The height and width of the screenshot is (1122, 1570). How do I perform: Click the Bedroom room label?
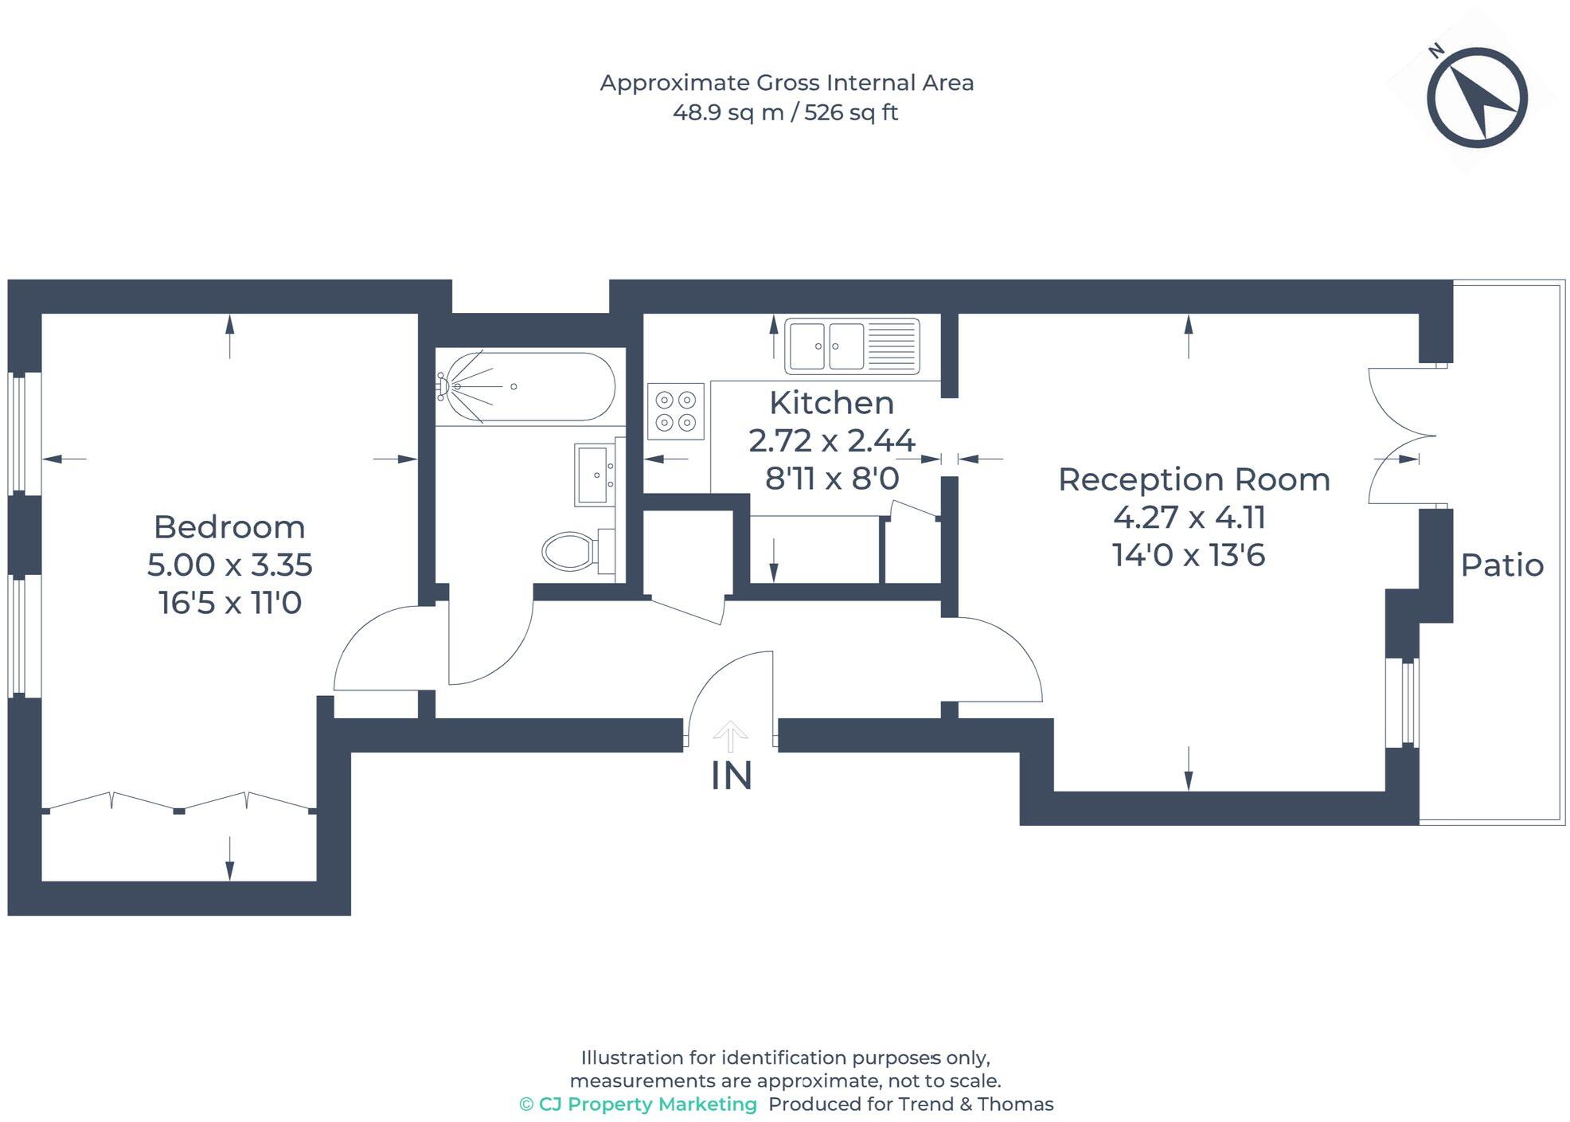229,527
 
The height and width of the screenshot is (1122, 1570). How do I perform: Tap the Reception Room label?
1193,479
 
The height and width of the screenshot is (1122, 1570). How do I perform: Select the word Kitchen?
831,403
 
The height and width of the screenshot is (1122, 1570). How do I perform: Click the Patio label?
1502,565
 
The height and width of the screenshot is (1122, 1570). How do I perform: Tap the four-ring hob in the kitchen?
676,411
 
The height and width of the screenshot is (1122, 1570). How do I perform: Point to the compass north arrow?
1477,97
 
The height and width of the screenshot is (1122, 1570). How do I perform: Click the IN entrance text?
731,776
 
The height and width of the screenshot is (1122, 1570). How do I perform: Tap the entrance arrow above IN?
730,736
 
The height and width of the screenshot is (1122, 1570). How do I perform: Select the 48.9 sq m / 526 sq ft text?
785,112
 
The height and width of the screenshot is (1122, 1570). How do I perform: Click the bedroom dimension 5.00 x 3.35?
229,565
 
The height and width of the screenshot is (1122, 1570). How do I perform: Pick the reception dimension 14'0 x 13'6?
1188,555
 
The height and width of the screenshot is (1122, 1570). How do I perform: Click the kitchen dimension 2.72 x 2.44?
831,440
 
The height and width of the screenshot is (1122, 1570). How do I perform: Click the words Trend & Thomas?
975,1104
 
